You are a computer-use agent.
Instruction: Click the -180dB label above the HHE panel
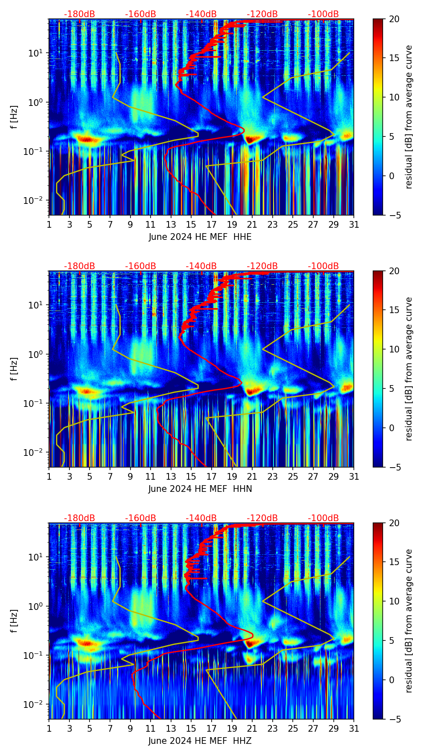[79, 14]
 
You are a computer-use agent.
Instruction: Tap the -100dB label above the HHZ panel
[323, 518]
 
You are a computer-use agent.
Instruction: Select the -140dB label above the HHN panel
[201, 266]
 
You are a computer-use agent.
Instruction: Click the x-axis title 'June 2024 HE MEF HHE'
[200, 237]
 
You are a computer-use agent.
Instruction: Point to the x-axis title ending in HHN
[200, 489]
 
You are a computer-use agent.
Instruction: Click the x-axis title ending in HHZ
[200, 741]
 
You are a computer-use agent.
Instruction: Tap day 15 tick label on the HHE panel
[191, 225]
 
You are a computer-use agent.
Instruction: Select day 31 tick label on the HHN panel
[353, 477]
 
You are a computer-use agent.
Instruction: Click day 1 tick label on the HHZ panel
[49, 729]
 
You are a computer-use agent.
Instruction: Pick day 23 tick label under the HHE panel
[272, 225]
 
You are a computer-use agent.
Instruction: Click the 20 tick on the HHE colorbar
[394, 19]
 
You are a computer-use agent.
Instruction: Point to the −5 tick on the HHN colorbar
[394, 467]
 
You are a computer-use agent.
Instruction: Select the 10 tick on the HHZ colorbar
[394, 601]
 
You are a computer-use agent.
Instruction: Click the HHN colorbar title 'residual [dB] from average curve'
[409, 369]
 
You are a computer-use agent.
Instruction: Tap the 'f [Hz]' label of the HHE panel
[14, 117]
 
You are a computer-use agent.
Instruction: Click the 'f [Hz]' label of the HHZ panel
[14, 621]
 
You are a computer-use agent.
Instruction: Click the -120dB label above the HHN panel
[262, 266]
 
